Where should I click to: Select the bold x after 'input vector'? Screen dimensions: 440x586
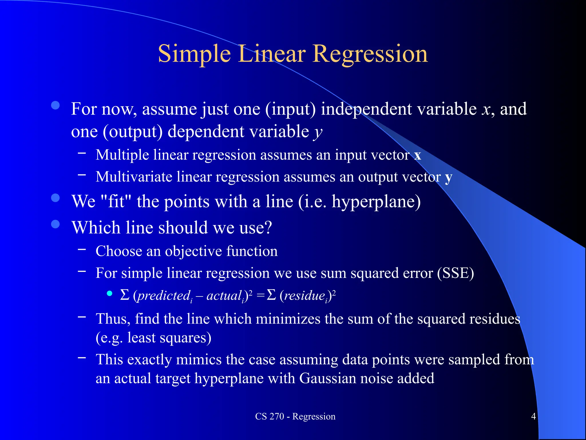coord(417,155)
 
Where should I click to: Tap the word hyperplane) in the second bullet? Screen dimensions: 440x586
coord(376,202)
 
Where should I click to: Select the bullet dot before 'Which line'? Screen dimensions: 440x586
coord(55,224)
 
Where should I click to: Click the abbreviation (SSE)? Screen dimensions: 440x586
coord(456,273)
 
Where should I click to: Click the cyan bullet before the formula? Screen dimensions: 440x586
coord(109,293)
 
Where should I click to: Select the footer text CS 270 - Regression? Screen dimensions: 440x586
coord(295,416)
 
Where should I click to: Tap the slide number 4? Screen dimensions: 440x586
coord(533,416)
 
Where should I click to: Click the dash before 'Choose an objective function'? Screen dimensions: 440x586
coord(82,250)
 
